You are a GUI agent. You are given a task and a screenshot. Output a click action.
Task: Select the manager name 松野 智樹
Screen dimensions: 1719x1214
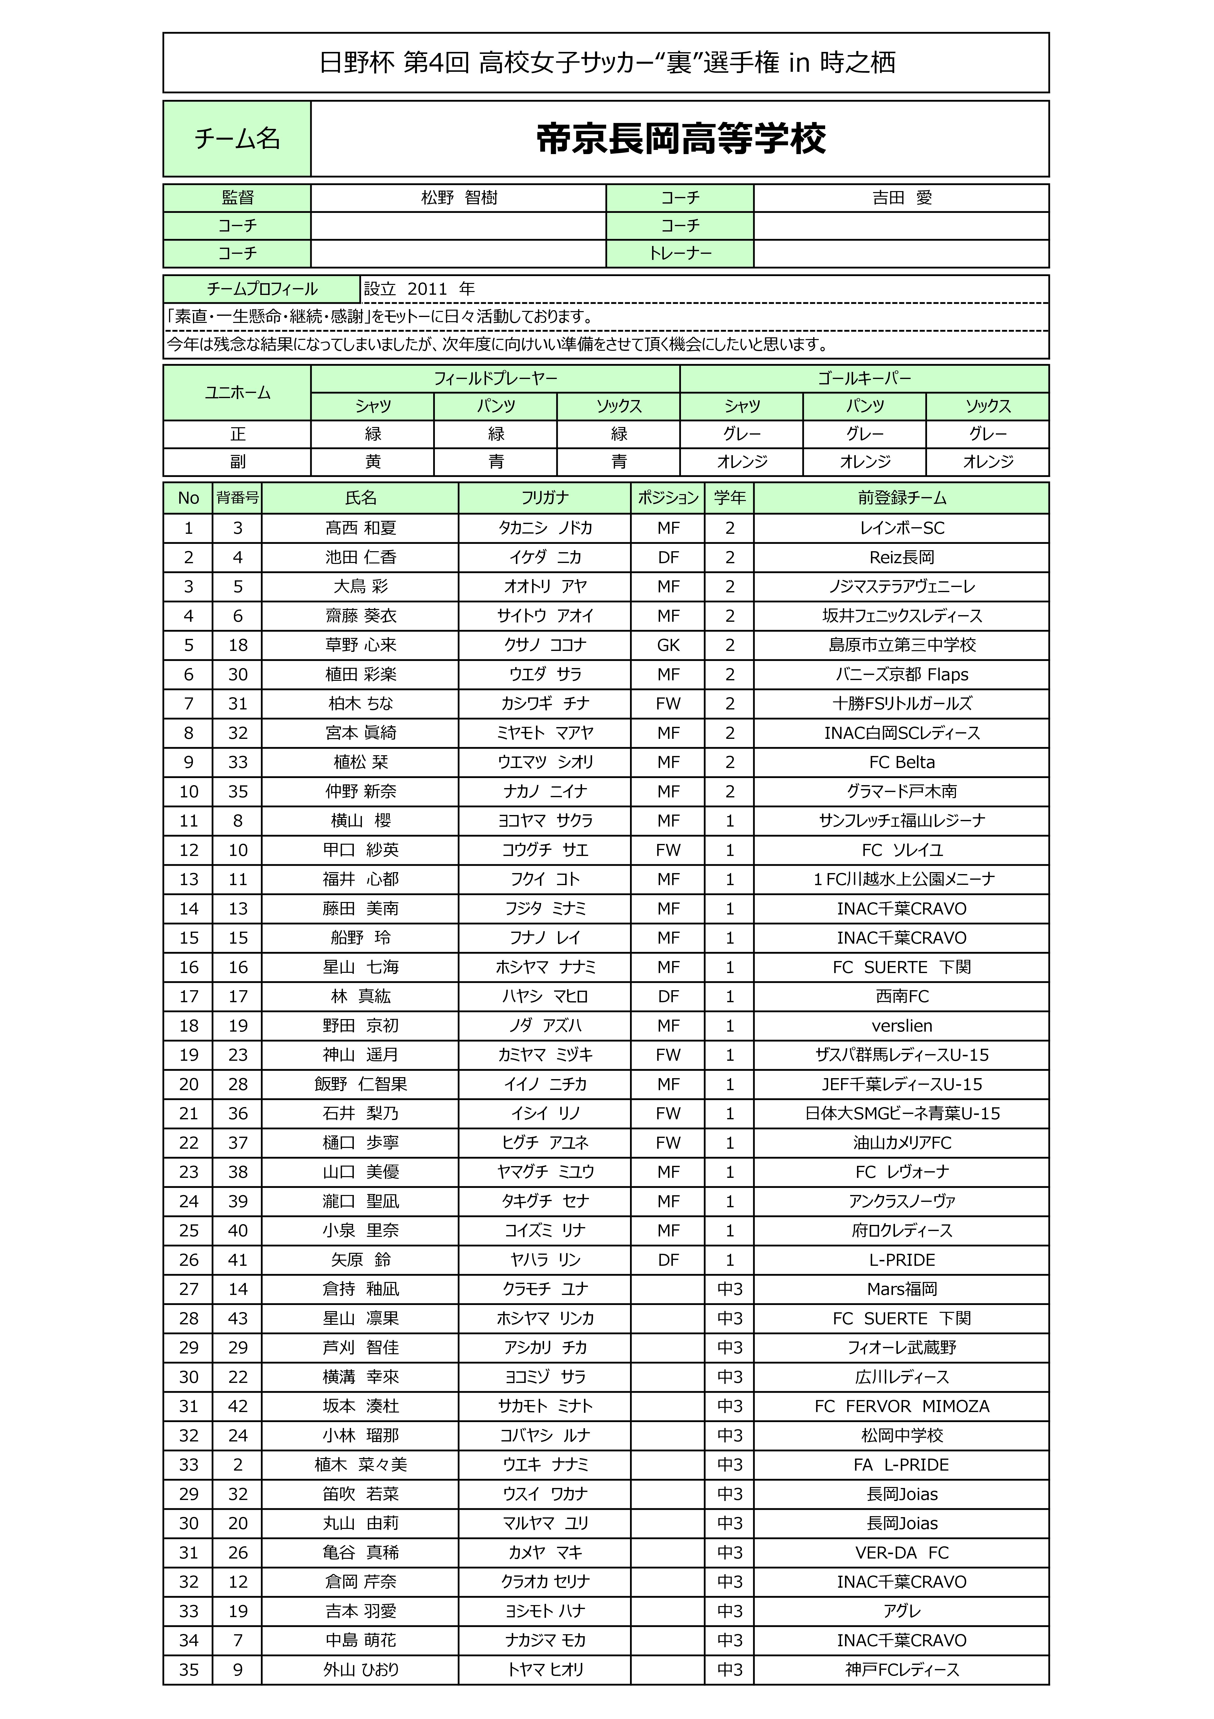(x=459, y=198)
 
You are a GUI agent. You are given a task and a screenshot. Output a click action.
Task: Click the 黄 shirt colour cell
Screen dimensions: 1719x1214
(x=373, y=462)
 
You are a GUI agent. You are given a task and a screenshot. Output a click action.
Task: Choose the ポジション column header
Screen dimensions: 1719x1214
(x=668, y=498)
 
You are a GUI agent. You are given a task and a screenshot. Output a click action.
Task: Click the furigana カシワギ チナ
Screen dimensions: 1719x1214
(x=545, y=704)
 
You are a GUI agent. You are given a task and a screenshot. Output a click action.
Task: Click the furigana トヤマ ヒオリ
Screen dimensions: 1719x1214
(x=545, y=1670)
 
